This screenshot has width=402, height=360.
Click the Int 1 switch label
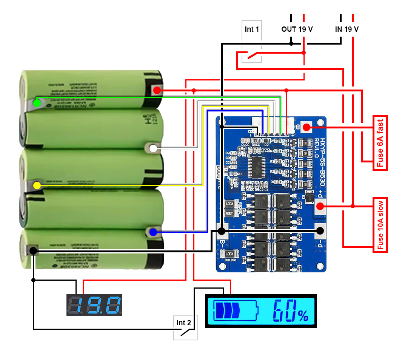pyautogui.click(x=252, y=29)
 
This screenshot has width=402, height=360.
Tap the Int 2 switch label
pyautogui.click(x=184, y=323)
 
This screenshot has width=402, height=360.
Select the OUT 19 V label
pyautogui.click(x=297, y=29)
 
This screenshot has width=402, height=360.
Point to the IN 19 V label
pyautogui.click(x=347, y=29)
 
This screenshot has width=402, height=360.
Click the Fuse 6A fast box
pyautogui.click(x=380, y=143)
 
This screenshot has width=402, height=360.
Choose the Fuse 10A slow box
pyautogui.click(x=380, y=224)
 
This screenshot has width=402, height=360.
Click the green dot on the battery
pyautogui.click(x=37, y=103)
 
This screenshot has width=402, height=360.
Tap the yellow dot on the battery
pyautogui.click(x=37, y=185)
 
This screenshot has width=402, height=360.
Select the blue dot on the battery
pyautogui.click(x=153, y=233)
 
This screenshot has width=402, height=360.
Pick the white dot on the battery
pyautogui.click(x=153, y=148)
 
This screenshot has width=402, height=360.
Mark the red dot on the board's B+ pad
pyautogui.click(x=306, y=128)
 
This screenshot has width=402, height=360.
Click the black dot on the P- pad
pyautogui.click(x=320, y=230)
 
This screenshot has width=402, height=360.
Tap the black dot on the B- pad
pyautogui.click(x=222, y=231)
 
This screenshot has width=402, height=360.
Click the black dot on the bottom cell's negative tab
pyautogui.click(x=33, y=250)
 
